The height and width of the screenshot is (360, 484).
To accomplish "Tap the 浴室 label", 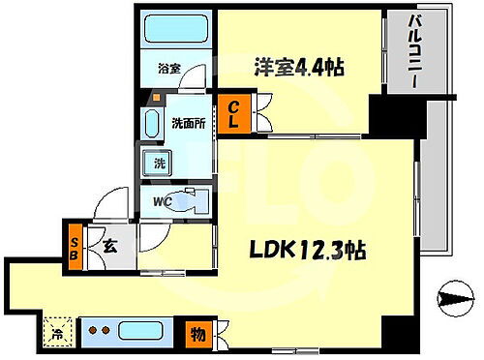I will click(170, 69).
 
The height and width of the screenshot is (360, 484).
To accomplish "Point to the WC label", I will click(163, 202).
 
